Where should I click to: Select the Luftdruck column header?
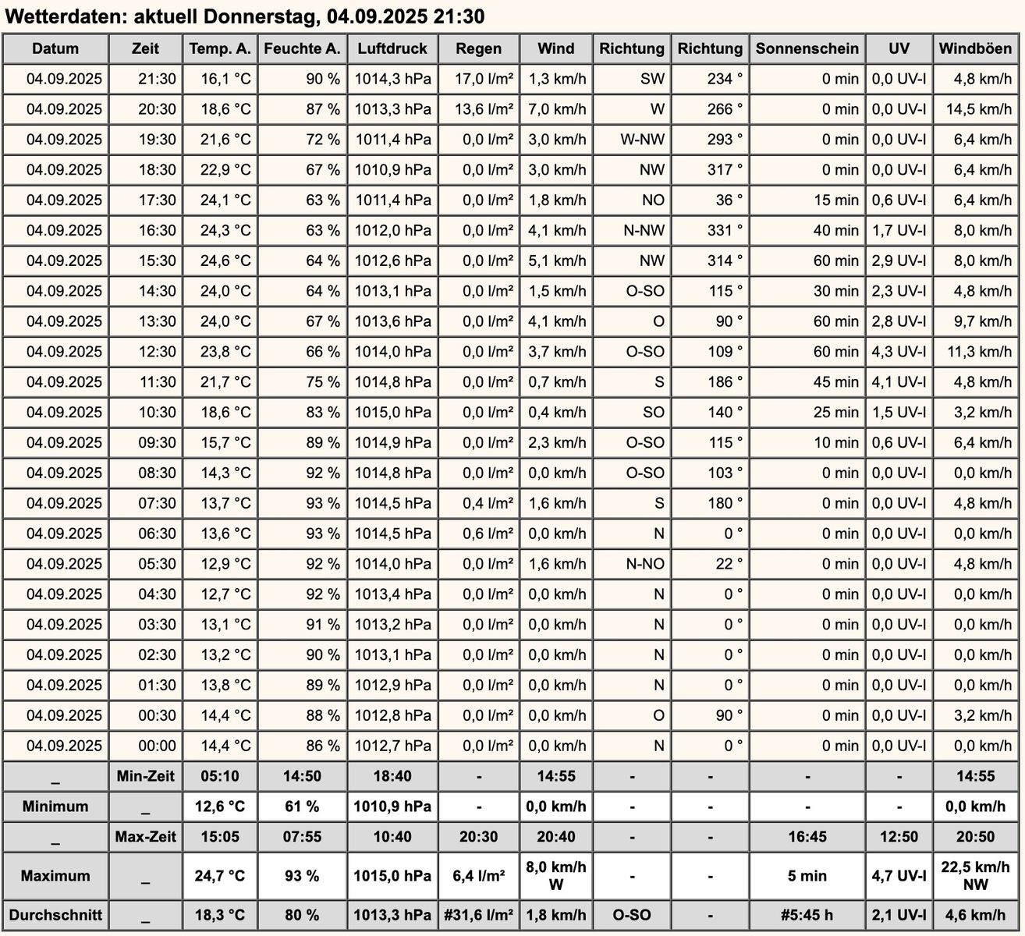click(x=392, y=48)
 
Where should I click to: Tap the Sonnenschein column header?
click(x=807, y=48)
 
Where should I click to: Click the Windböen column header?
click(x=975, y=48)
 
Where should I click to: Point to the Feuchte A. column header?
click(x=302, y=48)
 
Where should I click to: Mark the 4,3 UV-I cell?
click(x=899, y=352)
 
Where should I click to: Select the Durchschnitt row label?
click(x=55, y=915)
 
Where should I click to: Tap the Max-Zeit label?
click(x=146, y=837)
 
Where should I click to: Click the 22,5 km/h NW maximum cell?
click(x=975, y=875)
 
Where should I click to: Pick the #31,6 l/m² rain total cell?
click(x=478, y=915)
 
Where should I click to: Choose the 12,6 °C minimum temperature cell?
click(x=220, y=807)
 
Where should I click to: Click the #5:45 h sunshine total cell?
click(x=807, y=915)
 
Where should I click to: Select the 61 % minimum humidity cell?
click(x=302, y=807)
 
